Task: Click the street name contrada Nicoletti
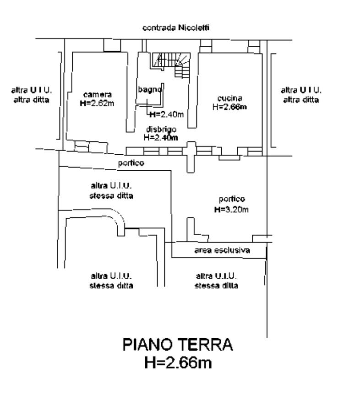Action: [176, 28]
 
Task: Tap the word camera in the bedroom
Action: [97, 94]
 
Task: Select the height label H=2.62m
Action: [97, 103]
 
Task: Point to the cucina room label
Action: [229, 98]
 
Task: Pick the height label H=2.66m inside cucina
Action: [229, 107]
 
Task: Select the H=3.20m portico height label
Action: [231, 210]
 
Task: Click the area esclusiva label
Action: [222, 250]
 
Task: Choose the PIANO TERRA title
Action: [178, 345]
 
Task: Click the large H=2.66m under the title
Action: [178, 363]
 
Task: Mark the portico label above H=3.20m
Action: [231, 199]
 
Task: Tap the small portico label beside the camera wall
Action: [131, 163]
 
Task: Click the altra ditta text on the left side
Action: [32, 99]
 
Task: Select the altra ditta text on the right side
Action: [301, 99]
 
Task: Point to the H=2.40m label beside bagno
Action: [166, 114]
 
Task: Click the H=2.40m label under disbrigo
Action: [161, 137]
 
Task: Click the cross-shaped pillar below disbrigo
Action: [191, 156]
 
